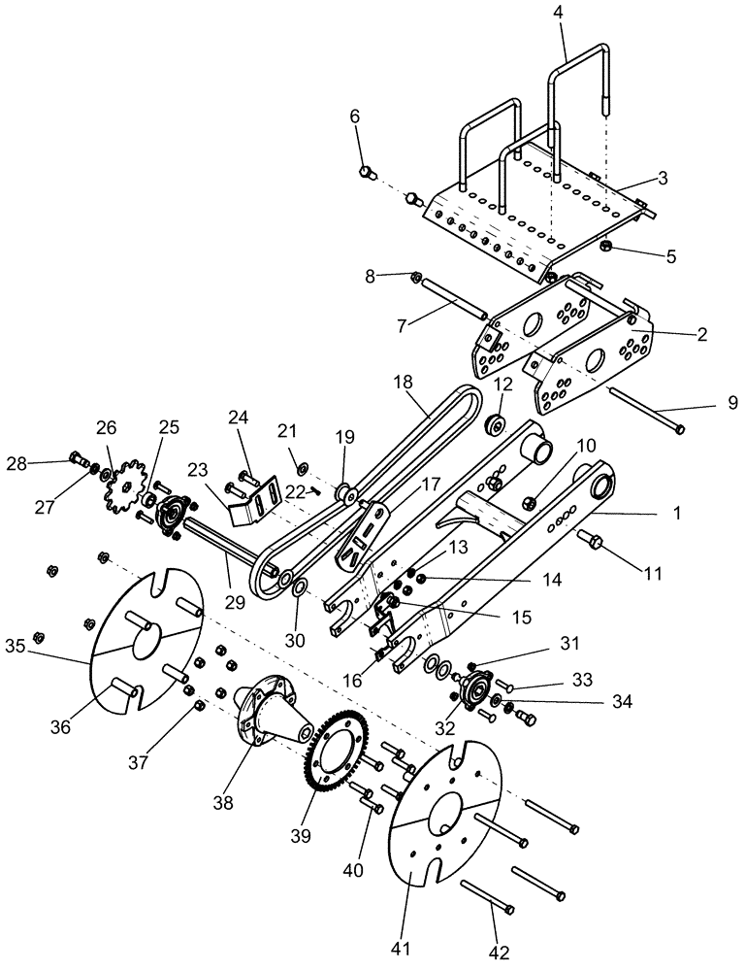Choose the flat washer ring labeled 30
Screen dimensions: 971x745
(x=300, y=587)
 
